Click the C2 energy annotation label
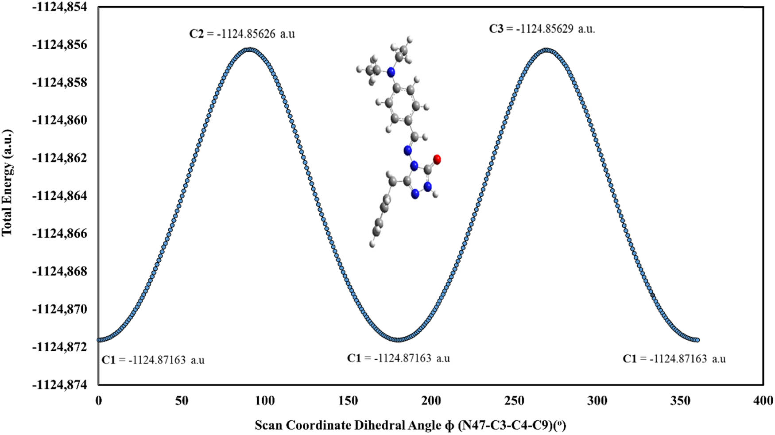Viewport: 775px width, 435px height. click(x=242, y=34)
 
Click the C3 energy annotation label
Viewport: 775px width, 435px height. click(x=542, y=29)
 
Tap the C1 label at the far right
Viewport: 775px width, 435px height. click(x=674, y=359)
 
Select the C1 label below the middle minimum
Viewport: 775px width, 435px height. click(x=398, y=358)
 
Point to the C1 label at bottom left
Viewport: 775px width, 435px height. click(x=153, y=360)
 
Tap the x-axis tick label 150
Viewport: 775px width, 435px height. click(x=348, y=401)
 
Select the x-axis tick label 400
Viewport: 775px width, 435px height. click(x=763, y=401)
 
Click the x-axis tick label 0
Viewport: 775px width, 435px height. click(x=98, y=401)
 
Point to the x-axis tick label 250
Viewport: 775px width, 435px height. click(x=514, y=401)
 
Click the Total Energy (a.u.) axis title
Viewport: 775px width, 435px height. click(x=8, y=183)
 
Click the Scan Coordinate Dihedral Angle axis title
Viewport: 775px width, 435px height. click(x=410, y=426)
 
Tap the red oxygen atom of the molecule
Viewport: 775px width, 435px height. click(x=437, y=159)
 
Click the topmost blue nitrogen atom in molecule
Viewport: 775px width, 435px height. click(x=391, y=72)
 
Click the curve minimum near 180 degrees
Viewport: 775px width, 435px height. click(x=398, y=340)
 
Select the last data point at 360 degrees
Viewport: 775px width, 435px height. click(x=697, y=340)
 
